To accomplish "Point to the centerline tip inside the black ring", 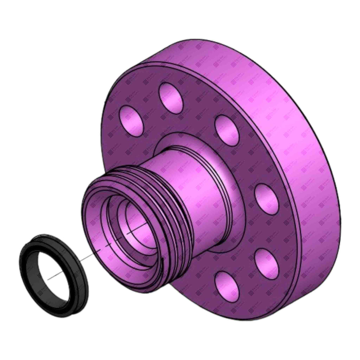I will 53,275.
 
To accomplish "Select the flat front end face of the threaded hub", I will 92,219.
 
